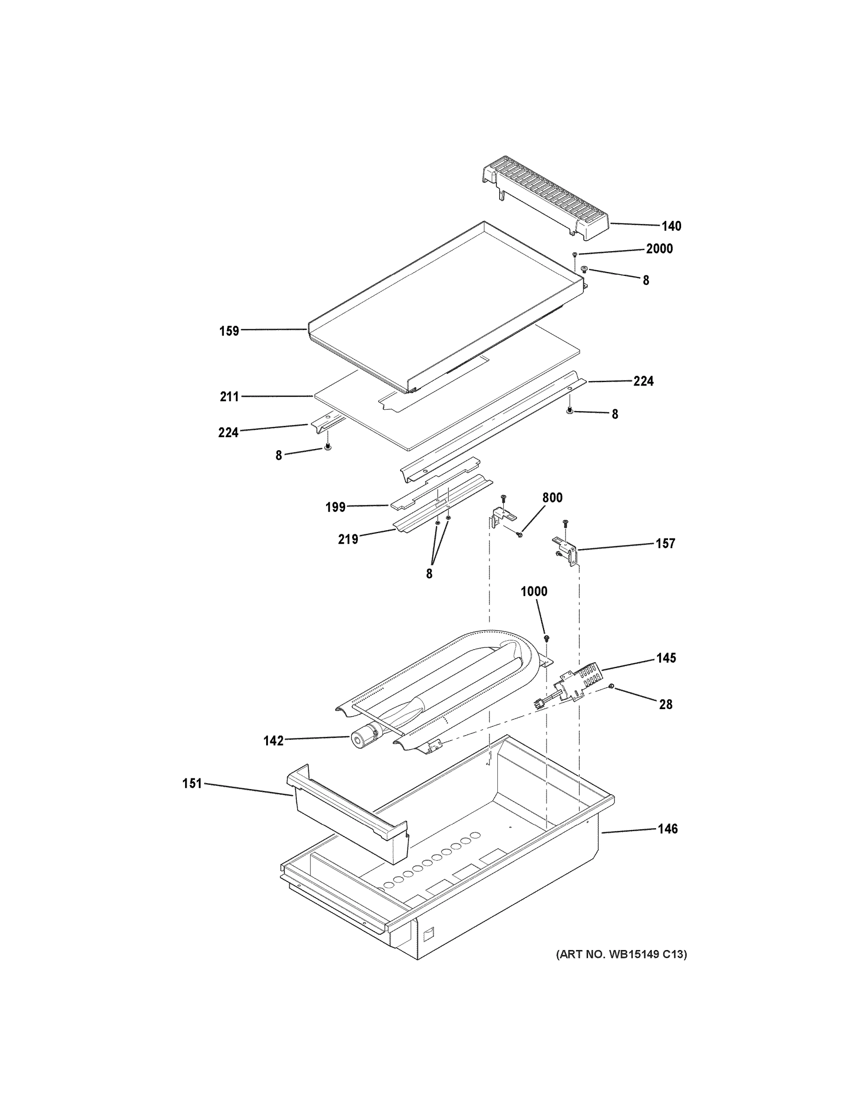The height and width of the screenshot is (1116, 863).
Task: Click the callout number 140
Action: coord(671,226)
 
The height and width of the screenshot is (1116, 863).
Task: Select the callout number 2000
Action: coord(659,249)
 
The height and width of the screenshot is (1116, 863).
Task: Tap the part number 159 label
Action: coord(229,331)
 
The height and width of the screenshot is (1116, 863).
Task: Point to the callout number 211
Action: coord(229,397)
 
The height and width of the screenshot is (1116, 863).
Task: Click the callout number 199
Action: coord(335,507)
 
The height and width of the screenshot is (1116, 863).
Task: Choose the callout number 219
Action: coord(348,539)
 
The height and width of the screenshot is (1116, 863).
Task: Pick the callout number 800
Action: coord(552,498)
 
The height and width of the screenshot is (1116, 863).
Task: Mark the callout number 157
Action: coord(665,544)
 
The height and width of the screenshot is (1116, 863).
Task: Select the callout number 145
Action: coord(666,658)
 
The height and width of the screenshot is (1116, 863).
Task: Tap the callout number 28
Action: coord(665,704)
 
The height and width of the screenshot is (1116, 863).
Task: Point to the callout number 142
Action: coord(273,741)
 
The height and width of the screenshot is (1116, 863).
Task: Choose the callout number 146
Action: coord(667,829)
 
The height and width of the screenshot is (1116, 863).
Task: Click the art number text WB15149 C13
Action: coord(621,954)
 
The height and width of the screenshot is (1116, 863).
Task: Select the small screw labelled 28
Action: coord(611,686)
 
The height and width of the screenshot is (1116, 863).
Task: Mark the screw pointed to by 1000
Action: coord(547,638)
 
